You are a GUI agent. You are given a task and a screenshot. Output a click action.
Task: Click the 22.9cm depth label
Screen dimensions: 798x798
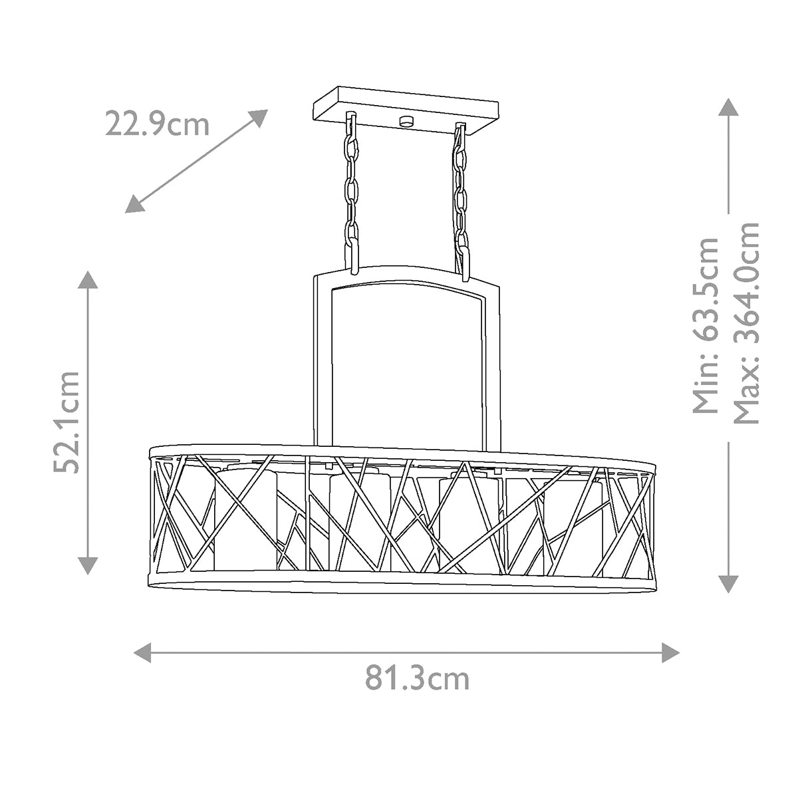(x=157, y=124)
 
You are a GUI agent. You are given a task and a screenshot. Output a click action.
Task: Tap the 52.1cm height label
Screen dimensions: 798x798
(x=67, y=422)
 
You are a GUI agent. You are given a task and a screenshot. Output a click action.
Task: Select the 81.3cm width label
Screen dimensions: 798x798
(x=417, y=678)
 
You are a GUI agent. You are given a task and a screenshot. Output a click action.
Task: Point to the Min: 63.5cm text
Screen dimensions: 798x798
(x=706, y=325)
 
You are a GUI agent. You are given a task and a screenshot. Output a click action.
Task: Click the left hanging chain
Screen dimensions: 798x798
(x=350, y=193)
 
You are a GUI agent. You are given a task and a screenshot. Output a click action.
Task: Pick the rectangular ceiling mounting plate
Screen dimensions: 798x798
(x=406, y=110)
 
